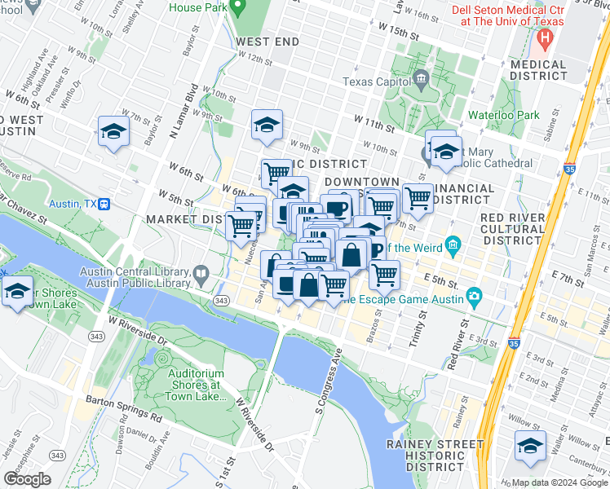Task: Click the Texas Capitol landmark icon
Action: point(421,80)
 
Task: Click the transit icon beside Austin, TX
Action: point(104,204)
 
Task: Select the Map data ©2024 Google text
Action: point(559,482)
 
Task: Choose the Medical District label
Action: point(537,70)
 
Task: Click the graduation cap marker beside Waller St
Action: point(530,447)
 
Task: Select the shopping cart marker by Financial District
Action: point(418,197)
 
